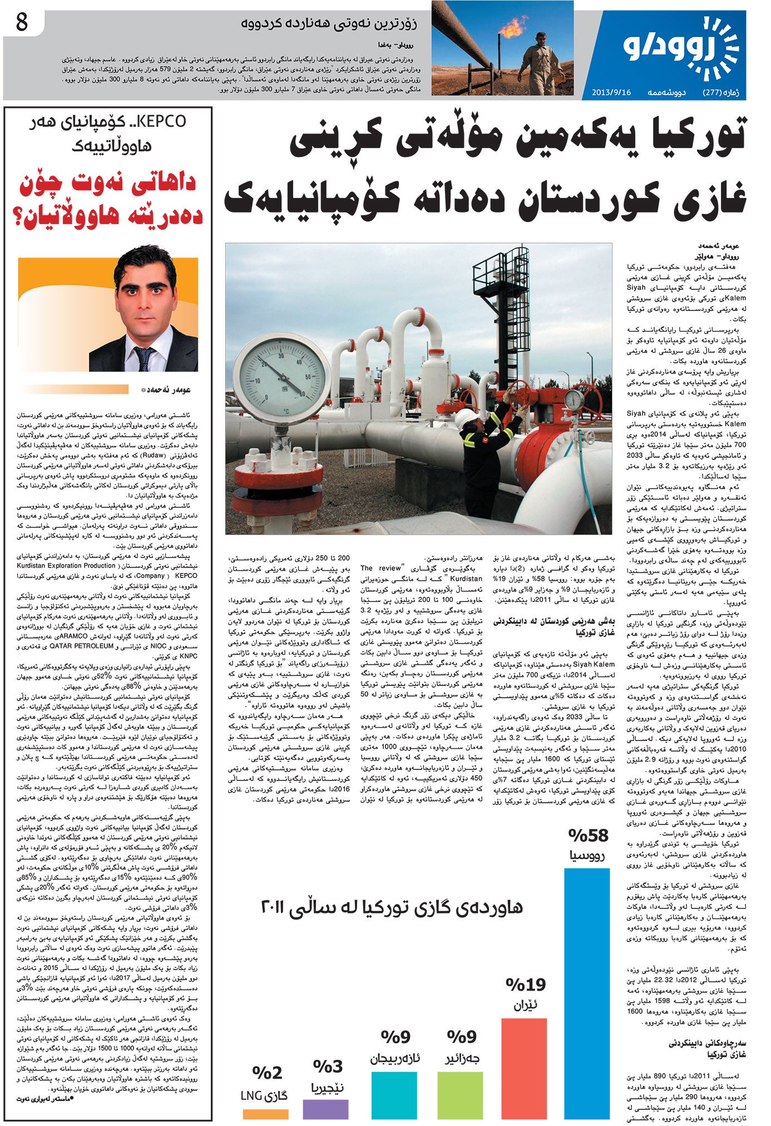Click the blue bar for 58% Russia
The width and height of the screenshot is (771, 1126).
click(587, 990)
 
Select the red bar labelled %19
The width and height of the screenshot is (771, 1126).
click(524, 1068)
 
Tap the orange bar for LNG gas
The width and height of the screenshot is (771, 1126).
click(265, 1114)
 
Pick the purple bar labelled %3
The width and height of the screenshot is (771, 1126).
click(325, 1109)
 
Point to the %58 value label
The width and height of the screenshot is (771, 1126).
click(588, 835)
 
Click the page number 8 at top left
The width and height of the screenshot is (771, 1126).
click(22, 23)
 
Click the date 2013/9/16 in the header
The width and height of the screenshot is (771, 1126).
click(611, 92)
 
